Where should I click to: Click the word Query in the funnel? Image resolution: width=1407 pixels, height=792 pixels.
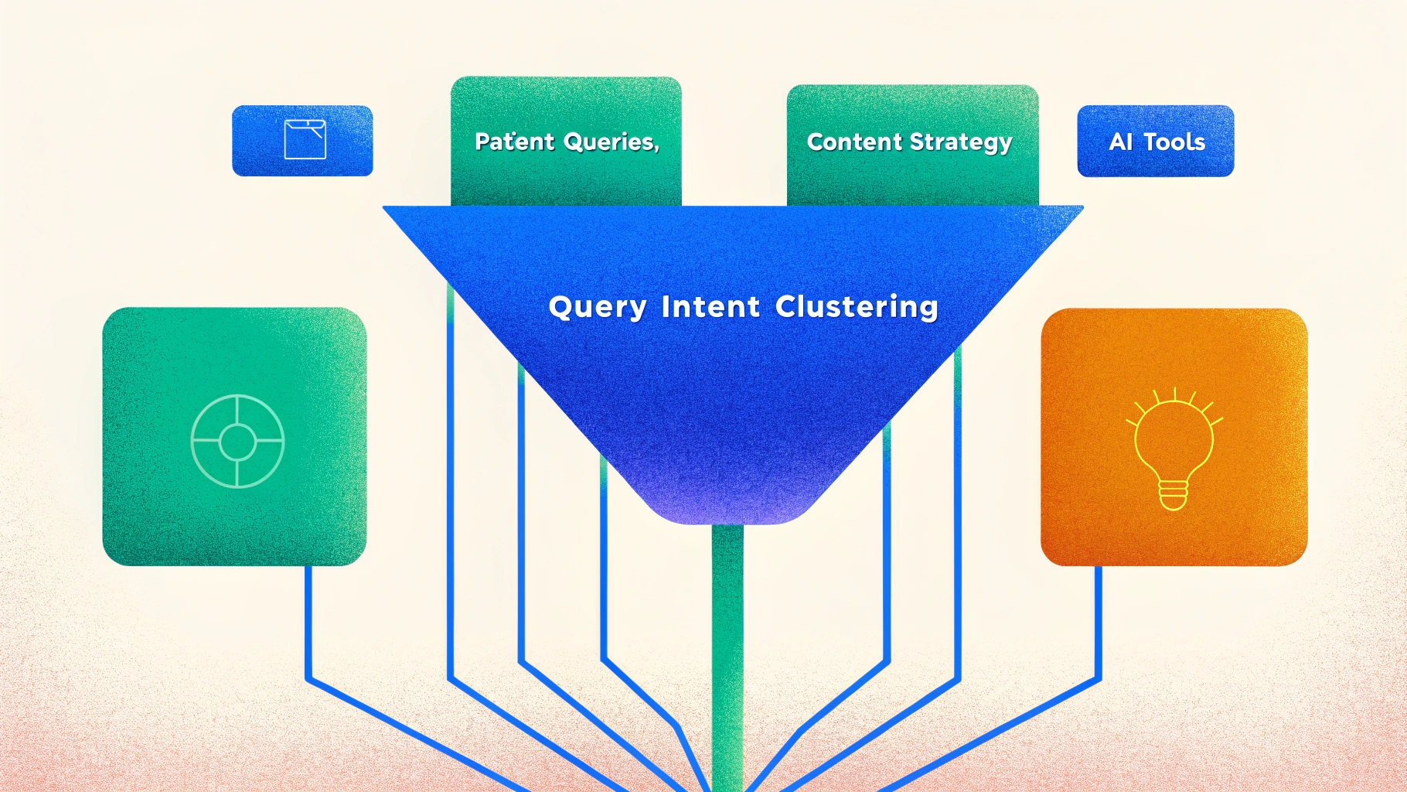point(597,307)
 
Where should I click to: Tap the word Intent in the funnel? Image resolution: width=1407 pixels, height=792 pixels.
point(710,307)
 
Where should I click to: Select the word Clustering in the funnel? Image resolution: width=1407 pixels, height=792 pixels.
point(857,307)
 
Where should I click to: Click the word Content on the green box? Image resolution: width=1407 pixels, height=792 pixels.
point(854,142)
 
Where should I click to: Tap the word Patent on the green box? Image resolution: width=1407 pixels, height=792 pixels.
point(515,142)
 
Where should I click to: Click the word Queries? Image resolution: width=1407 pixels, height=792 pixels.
point(609,142)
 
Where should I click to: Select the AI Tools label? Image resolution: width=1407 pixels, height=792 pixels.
point(1157,142)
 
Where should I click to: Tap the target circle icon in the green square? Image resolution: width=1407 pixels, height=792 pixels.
point(237,442)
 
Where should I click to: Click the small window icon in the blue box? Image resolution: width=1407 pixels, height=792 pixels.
point(305,139)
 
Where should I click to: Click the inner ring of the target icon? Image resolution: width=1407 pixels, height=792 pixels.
point(237,442)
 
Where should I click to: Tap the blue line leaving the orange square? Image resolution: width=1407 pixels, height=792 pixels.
point(1098,619)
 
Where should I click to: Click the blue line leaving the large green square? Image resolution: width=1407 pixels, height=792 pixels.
point(308,619)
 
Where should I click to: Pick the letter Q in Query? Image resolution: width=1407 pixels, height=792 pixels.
point(560,306)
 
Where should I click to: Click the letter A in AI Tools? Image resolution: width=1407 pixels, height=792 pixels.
point(1116,142)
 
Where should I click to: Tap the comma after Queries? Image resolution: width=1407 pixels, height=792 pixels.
point(657,148)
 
